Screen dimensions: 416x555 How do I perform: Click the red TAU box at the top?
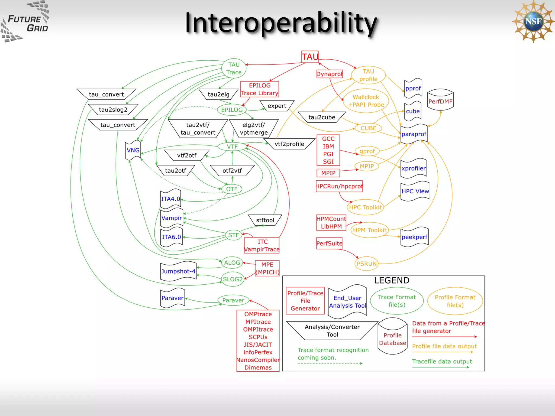coord(310,57)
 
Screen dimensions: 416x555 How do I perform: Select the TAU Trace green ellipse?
coord(234,69)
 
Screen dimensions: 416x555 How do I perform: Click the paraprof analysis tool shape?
coord(414,134)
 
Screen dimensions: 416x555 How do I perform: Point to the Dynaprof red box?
coord(330,74)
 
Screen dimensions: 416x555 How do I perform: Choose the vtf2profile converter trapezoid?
coord(289,144)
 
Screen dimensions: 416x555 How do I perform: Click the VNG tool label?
coord(133,150)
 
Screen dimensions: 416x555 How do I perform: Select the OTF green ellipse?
coord(232,189)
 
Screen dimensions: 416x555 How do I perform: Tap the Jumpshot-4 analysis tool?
coord(178,271)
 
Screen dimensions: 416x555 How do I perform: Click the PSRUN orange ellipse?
coord(366,264)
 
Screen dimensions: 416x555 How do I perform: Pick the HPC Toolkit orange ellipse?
coord(365,207)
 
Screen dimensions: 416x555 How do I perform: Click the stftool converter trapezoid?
coord(265,220)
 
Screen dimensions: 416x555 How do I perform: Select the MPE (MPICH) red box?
coord(267,268)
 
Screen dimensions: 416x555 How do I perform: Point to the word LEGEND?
coord(392,281)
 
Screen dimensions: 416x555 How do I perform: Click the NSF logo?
coord(533,22)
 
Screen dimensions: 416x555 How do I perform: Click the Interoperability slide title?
coord(281,23)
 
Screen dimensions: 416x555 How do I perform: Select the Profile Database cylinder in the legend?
coord(392,337)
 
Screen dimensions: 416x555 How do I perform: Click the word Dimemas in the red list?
coord(258,368)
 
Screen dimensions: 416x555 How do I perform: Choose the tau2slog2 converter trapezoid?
coord(113,110)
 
